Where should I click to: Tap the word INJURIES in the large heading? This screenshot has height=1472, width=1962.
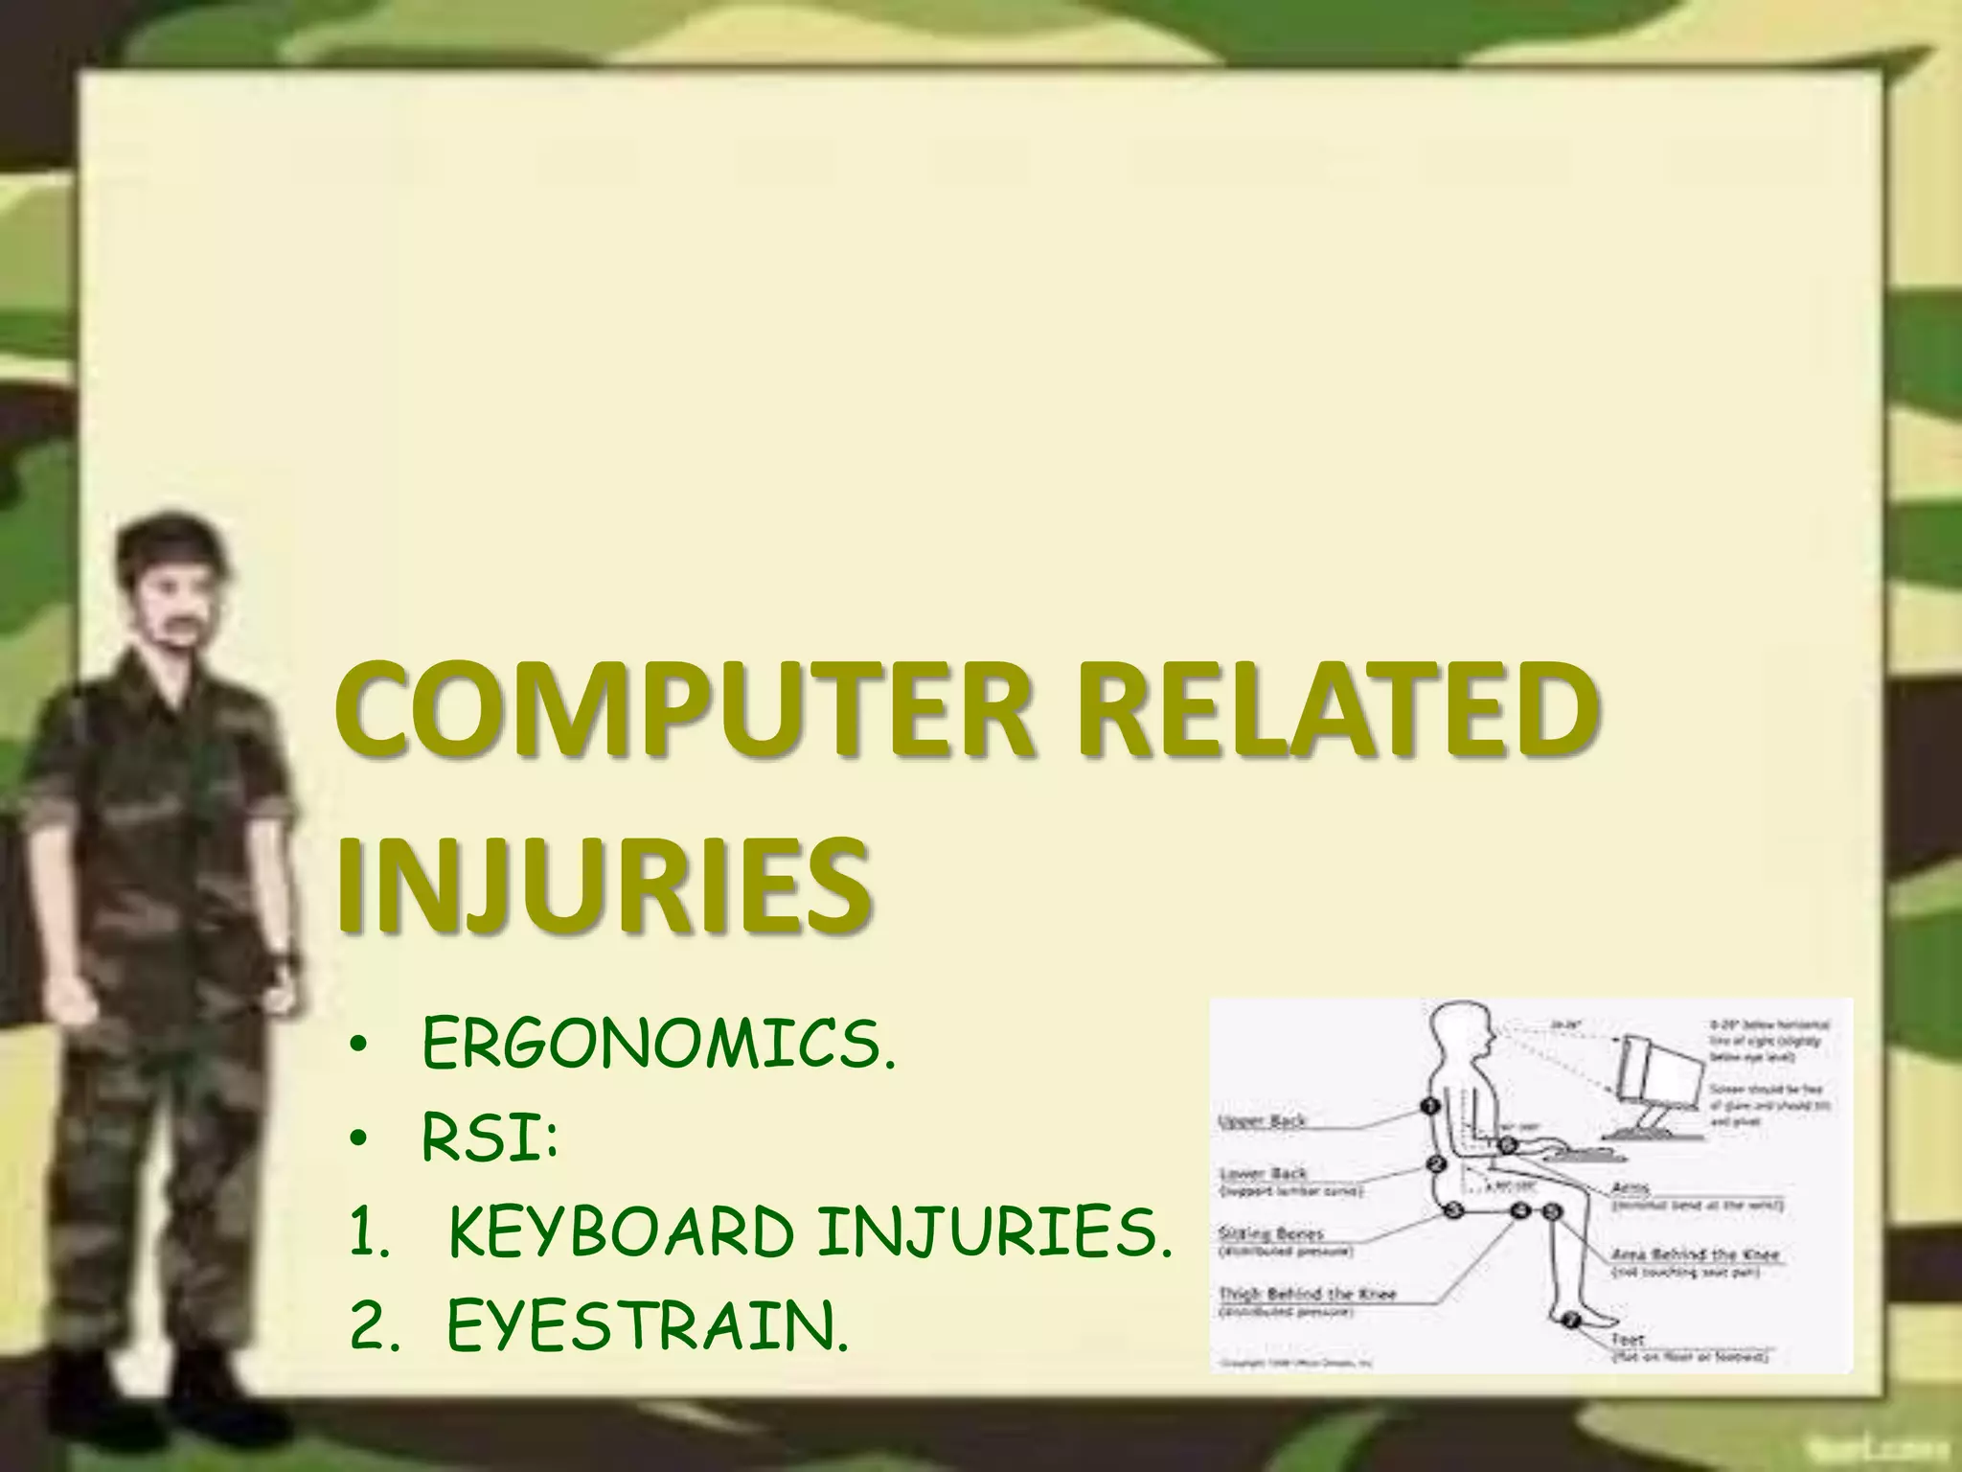pos(604,884)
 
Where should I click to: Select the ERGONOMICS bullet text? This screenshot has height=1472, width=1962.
pos(659,1047)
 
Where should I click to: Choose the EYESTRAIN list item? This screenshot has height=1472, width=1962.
pos(648,1328)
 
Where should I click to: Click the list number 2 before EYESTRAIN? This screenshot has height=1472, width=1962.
pos(368,1328)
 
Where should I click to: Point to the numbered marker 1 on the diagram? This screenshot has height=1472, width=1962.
pos(1430,1107)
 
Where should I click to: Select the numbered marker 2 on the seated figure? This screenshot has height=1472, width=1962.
pos(1436,1164)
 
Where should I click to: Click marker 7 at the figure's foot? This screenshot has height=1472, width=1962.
pos(1571,1322)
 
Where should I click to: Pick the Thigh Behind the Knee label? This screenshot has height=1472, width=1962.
pos(1307,1294)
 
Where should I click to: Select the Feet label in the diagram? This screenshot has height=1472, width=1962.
pos(1628,1339)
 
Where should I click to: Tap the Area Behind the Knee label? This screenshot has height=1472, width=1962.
pos(1695,1254)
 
